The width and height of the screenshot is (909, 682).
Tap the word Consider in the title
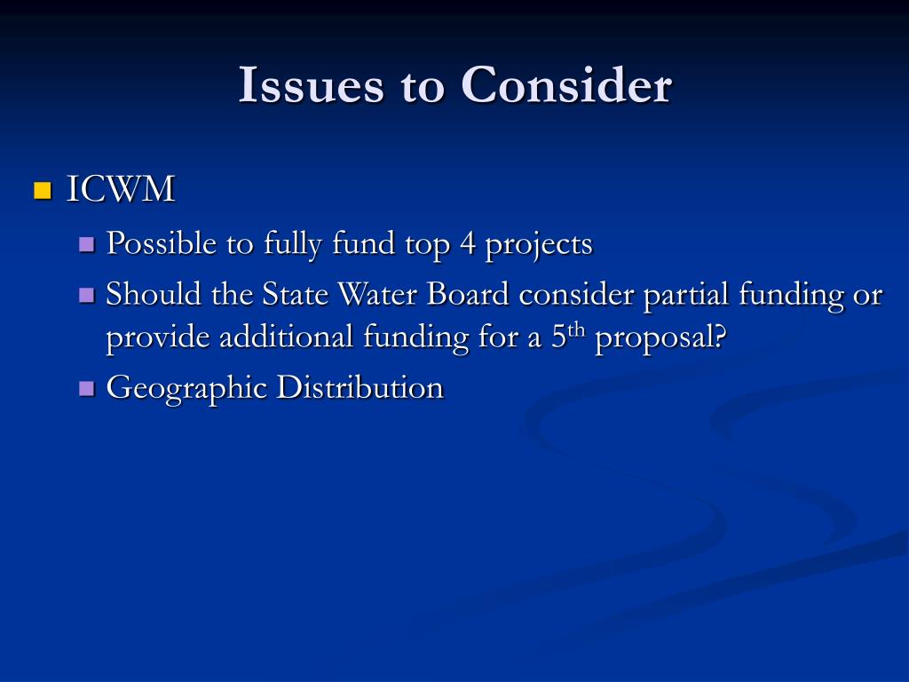pos(565,86)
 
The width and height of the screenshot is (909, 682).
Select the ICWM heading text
pos(121,189)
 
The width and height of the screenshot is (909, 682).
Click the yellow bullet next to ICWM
pos(42,190)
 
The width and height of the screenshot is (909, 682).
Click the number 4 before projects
pos(467,243)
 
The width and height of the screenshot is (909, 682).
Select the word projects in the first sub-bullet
pos(539,245)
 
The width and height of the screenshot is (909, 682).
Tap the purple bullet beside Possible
pos(86,244)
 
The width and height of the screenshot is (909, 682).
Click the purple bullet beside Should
pos(86,295)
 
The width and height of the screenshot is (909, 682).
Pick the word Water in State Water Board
pos(355,294)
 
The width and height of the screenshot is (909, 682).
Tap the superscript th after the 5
pos(577,332)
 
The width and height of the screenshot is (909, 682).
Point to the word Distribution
pos(360,387)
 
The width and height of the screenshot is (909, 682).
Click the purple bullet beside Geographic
pos(86,388)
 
